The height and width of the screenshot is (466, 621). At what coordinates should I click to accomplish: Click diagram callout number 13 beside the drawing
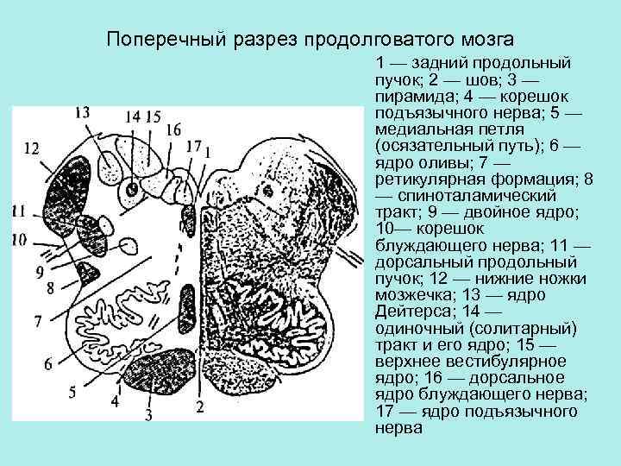pos(82,112)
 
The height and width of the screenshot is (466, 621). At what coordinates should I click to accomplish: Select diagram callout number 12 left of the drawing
pos(31,148)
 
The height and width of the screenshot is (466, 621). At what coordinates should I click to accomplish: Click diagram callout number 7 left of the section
pos(37,321)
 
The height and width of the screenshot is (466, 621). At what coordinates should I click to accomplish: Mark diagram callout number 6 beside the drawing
pos(48,364)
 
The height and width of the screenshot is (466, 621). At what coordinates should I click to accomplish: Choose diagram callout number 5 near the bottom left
pos(72,393)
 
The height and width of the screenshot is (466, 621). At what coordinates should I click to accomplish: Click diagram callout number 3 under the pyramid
pos(148,417)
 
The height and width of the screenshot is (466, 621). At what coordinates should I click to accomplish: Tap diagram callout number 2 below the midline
pos(199,406)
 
